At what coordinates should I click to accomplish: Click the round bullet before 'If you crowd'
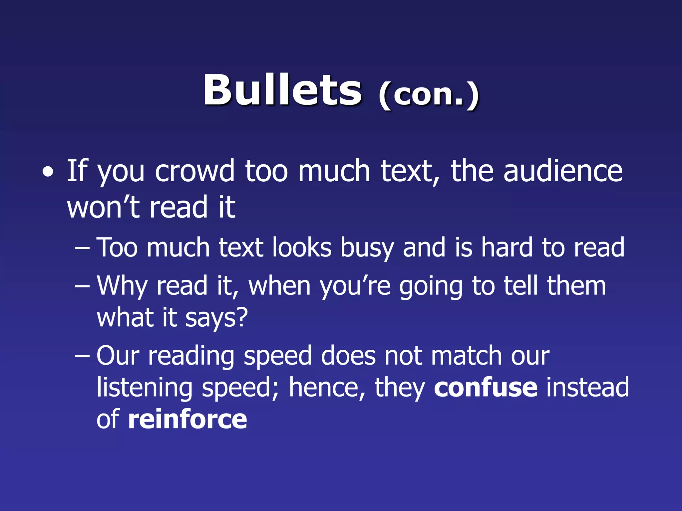click(x=48, y=172)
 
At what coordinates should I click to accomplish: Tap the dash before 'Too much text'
click(x=82, y=248)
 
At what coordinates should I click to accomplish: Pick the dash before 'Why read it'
click(x=82, y=286)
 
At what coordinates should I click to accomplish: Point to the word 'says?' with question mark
click(x=216, y=318)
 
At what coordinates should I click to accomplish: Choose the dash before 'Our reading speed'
click(x=82, y=356)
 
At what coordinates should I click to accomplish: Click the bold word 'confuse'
click(x=486, y=387)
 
